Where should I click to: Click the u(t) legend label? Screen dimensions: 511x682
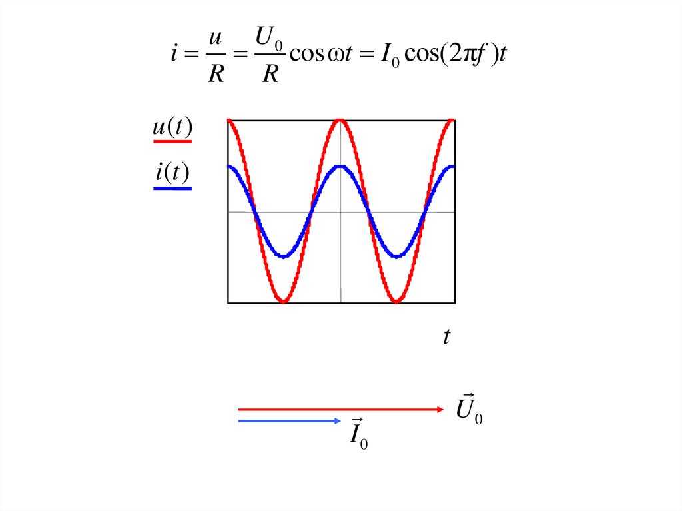[x=172, y=128]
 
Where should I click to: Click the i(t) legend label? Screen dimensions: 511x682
[x=172, y=174]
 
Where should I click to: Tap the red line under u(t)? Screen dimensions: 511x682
[x=172, y=141]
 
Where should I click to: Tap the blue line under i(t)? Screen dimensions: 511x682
[x=172, y=189]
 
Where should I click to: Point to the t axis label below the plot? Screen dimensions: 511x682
[x=447, y=338]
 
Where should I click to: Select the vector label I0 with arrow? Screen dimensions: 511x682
[x=359, y=434]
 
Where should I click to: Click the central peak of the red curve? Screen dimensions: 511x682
[x=340, y=121]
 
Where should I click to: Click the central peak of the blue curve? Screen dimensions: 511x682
[x=340, y=167]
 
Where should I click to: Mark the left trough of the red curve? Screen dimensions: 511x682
[x=284, y=302]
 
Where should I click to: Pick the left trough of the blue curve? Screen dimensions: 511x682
[x=284, y=256]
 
